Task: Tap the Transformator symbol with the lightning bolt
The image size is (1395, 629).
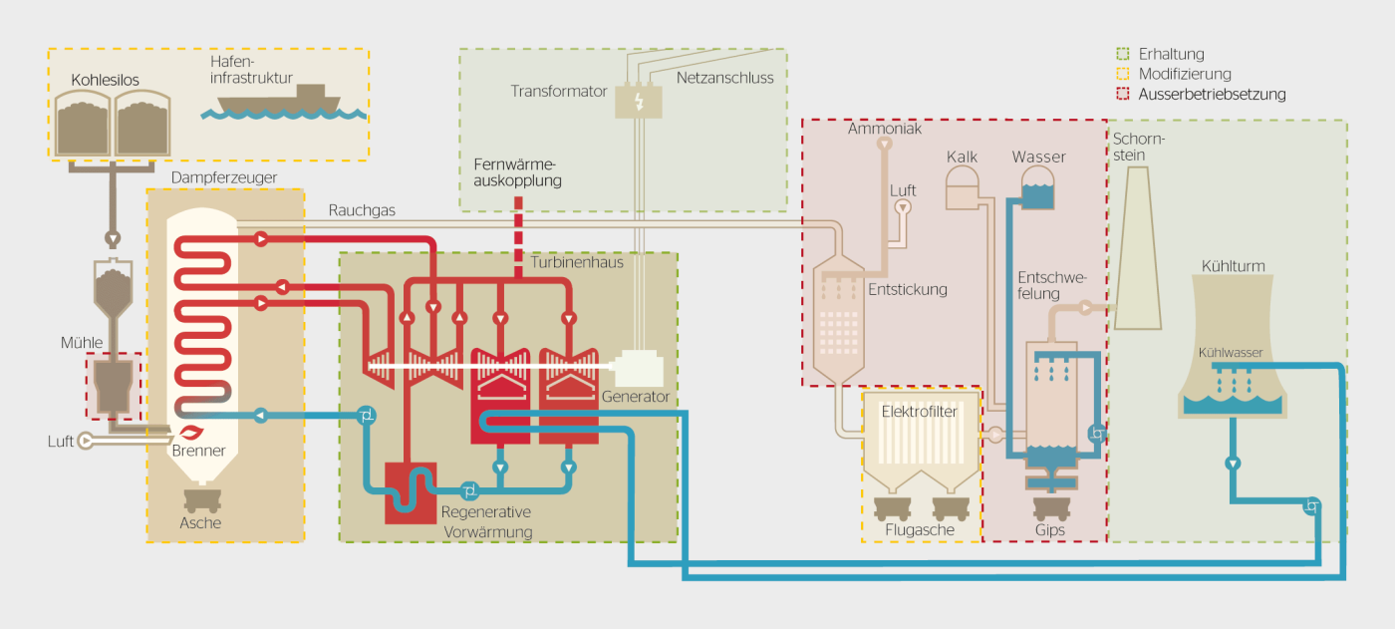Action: (638, 102)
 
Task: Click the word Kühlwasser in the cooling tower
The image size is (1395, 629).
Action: (1231, 353)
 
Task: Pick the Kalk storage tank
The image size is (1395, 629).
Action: (964, 186)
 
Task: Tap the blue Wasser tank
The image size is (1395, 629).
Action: (1038, 186)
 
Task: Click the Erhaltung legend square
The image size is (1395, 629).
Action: (1123, 55)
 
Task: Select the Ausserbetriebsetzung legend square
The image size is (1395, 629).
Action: (1123, 95)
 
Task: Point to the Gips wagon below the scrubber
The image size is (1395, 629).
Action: (1050, 501)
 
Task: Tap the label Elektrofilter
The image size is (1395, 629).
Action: (920, 410)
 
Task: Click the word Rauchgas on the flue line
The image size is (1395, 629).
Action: (362, 210)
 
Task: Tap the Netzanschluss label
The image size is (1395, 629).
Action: (724, 78)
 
